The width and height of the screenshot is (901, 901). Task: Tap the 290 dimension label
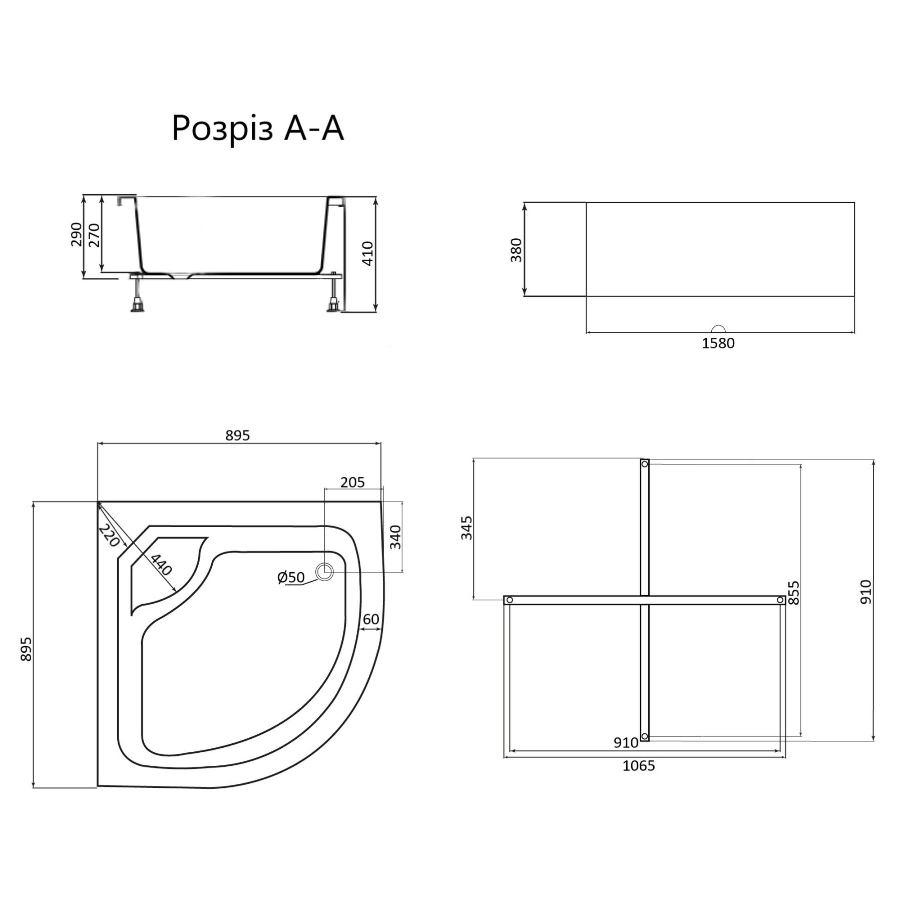coord(77,234)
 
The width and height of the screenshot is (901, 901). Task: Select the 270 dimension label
coord(94,234)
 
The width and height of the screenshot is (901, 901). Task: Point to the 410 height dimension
coord(367,253)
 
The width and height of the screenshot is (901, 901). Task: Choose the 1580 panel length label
coord(718,343)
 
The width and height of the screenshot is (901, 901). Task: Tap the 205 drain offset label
coord(352,482)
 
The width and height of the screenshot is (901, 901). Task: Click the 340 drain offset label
coord(395,537)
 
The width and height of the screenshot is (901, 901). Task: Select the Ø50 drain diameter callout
coord(291,577)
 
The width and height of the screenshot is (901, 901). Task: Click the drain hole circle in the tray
coord(325,571)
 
